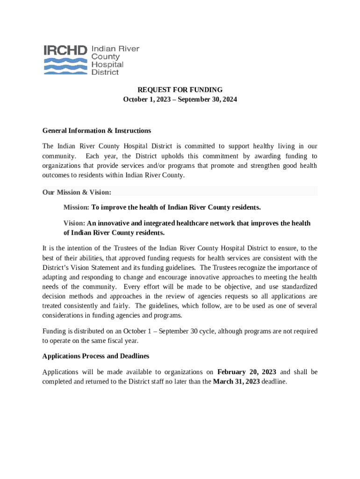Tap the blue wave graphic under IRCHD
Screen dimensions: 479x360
coord(65,66)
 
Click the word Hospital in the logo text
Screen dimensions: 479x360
coord(108,65)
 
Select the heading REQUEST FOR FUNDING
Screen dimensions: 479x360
coord(180,90)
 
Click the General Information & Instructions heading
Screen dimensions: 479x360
coord(96,131)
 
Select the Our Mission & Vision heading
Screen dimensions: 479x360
coord(77,192)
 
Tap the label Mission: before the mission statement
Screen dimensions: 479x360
coord(76,207)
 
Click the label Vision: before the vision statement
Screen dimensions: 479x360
coord(74,223)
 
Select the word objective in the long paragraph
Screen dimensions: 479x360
coord(247,286)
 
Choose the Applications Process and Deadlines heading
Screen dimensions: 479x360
coord(96,356)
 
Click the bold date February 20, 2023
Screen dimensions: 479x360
coord(247,372)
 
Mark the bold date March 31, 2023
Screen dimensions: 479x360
coord(236,381)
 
